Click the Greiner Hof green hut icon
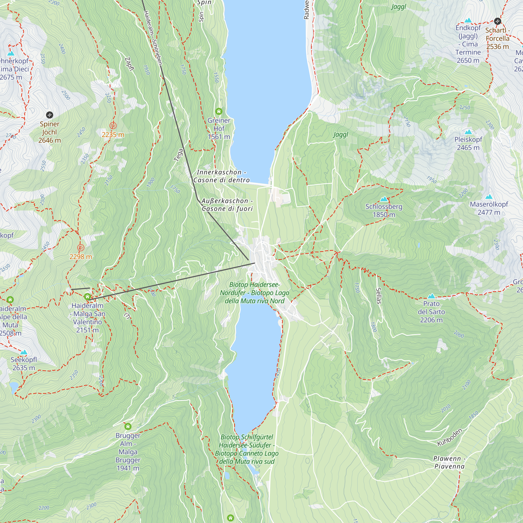tap(219, 111)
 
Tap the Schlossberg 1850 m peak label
tap(384, 211)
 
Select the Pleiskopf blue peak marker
tap(468, 132)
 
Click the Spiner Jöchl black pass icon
tap(49, 115)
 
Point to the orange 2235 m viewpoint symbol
tap(113, 126)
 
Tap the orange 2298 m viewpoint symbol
tap(81, 248)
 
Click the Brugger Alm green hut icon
tap(128, 427)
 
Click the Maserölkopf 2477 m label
tap(489, 208)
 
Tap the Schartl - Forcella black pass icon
tap(498, 21)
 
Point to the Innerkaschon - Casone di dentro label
tap(221, 176)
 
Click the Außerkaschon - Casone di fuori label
tap(227, 205)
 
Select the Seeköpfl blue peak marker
tap(24, 352)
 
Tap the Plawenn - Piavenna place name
tap(449, 462)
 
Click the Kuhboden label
tap(450, 437)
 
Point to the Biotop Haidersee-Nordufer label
tap(254, 293)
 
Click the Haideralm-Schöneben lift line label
tap(153, 38)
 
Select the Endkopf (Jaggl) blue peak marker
tap(468, 21)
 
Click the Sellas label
tap(378, 295)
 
